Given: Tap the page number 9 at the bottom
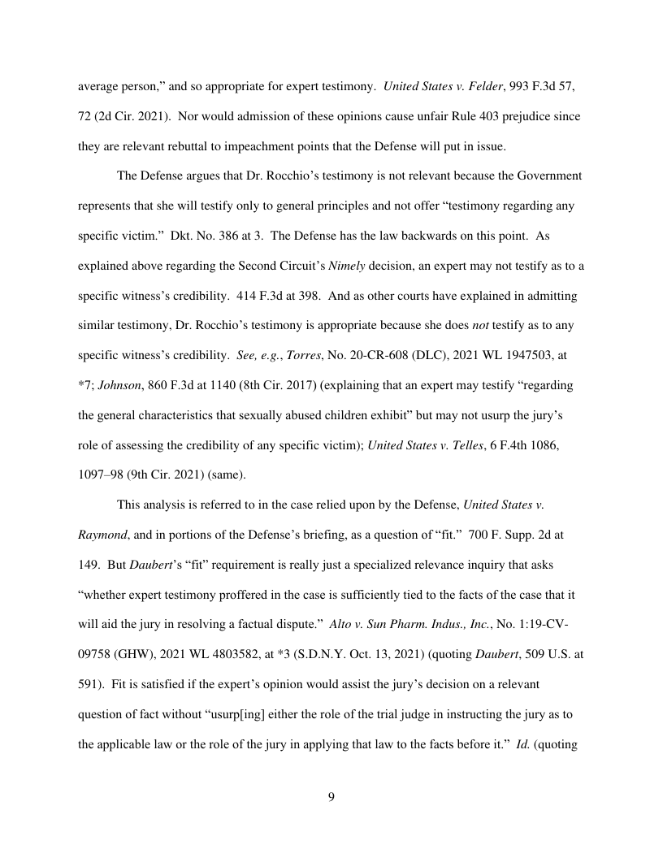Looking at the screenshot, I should pyautogui.click(x=331, y=797).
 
